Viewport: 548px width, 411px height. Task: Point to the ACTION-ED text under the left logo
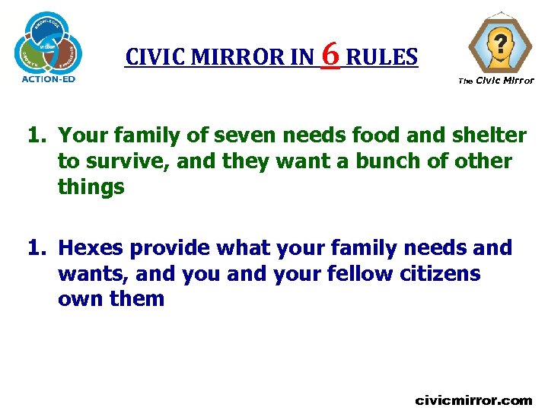[48, 77]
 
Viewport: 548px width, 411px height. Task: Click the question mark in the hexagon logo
[500, 43]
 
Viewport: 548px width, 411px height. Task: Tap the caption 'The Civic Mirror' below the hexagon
[496, 81]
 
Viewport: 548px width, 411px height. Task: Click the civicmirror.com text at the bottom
[473, 400]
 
